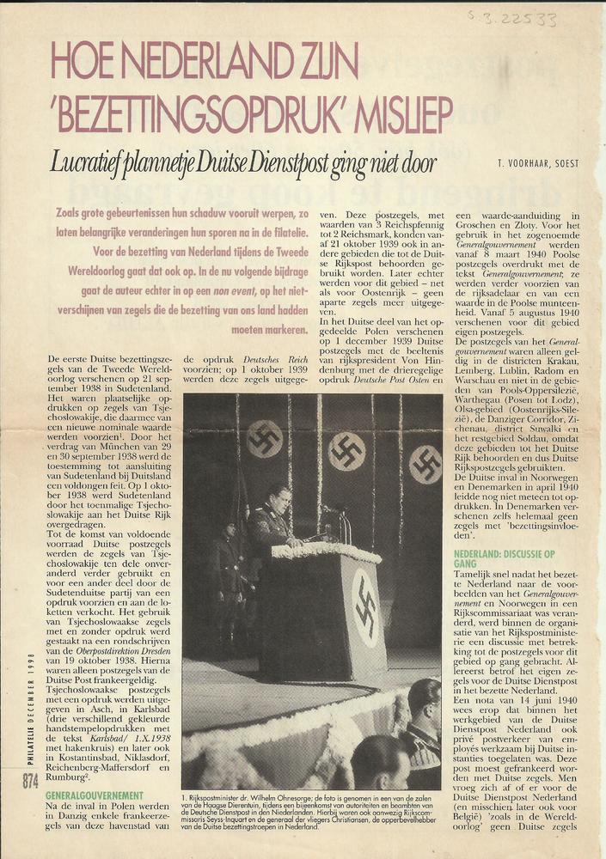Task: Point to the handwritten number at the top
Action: (524, 18)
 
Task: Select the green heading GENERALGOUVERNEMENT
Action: (94, 796)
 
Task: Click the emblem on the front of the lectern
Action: (365, 606)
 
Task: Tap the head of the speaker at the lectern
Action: (278, 497)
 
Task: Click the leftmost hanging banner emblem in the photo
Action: (264, 438)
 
